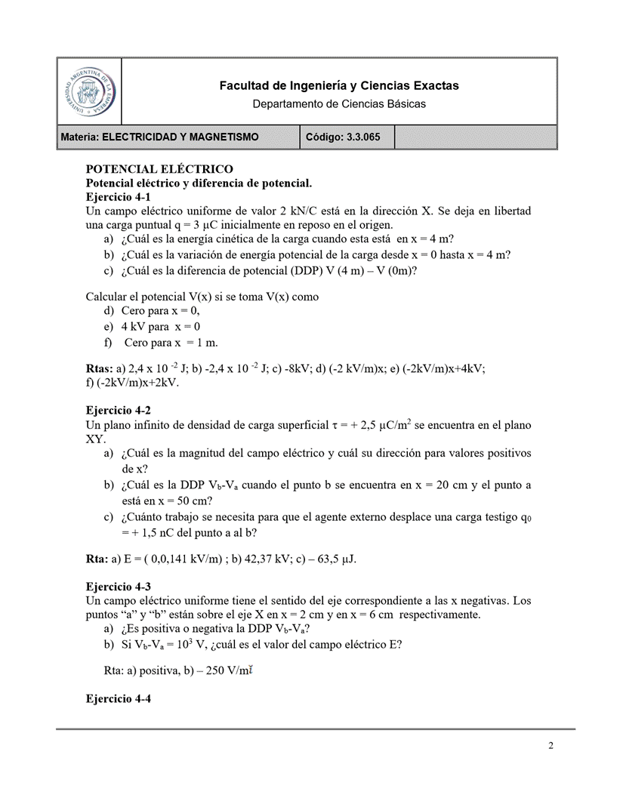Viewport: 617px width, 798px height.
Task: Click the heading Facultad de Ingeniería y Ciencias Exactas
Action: [x=338, y=86]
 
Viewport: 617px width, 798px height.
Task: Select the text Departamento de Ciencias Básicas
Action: [x=338, y=103]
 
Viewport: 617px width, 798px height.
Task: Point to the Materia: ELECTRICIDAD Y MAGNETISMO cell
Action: [x=160, y=137]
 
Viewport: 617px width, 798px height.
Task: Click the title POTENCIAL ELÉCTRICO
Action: [x=159, y=169]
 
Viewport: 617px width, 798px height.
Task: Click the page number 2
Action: [x=551, y=747]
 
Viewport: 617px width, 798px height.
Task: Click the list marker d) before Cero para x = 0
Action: [x=110, y=310]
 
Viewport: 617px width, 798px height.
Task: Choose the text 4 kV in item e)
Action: [x=133, y=327]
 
